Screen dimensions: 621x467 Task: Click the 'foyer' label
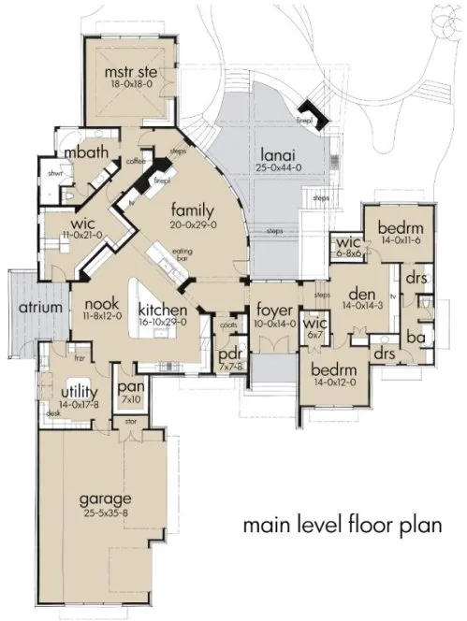click(271, 310)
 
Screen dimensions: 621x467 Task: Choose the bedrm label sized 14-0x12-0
click(332, 369)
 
